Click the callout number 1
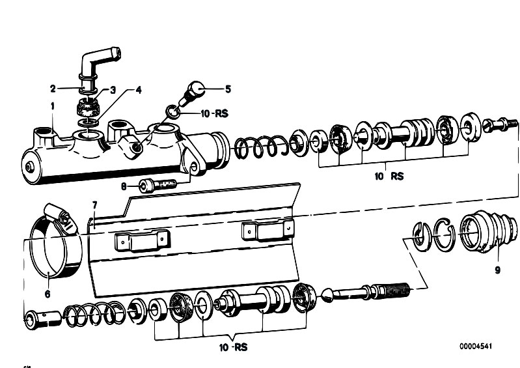click(x=53, y=106)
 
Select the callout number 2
click(x=53, y=89)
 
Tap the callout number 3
click(x=113, y=90)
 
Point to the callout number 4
click(x=139, y=90)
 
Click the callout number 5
click(x=228, y=89)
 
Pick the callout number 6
click(x=48, y=294)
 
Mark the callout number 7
click(x=94, y=205)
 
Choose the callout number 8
click(x=124, y=187)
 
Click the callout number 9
click(x=497, y=270)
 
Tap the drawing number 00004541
click(x=476, y=347)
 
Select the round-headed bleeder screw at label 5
click(x=193, y=92)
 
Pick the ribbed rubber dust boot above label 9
click(x=489, y=231)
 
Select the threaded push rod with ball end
click(x=366, y=291)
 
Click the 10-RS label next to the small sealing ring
click(x=215, y=113)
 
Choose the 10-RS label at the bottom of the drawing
click(x=233, y=347)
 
